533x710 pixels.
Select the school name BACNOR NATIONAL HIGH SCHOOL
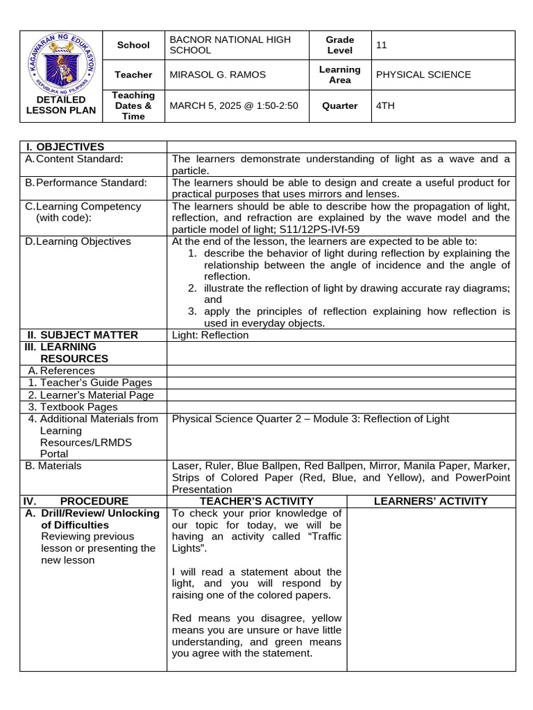230,45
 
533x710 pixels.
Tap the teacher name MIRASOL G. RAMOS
217,75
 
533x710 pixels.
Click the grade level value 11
381,45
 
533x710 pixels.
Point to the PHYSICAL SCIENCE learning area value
423,75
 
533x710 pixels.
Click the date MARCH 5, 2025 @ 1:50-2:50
233,106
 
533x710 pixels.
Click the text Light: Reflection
210,335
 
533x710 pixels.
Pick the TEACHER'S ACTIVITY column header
256,501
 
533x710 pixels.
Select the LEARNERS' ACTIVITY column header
430,501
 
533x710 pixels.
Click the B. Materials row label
53,466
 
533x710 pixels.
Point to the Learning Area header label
339,75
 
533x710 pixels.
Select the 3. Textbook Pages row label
73,407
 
